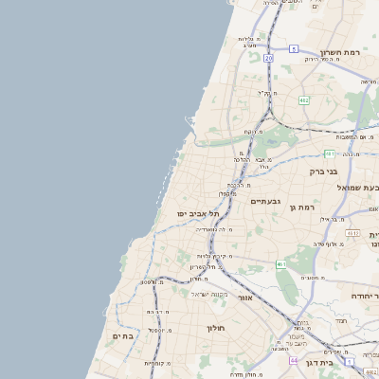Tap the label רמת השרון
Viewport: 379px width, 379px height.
[342, 52]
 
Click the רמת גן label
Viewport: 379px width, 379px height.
[301, 207]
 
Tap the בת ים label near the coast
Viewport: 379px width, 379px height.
[124, 335]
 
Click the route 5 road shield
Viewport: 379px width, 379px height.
[294, 48]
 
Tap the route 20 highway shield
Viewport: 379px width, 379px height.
[269, 58]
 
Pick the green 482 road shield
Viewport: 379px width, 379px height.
[303, 99]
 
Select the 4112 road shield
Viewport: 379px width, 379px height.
[353, 232]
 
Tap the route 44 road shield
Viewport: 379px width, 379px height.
[295, 361]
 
